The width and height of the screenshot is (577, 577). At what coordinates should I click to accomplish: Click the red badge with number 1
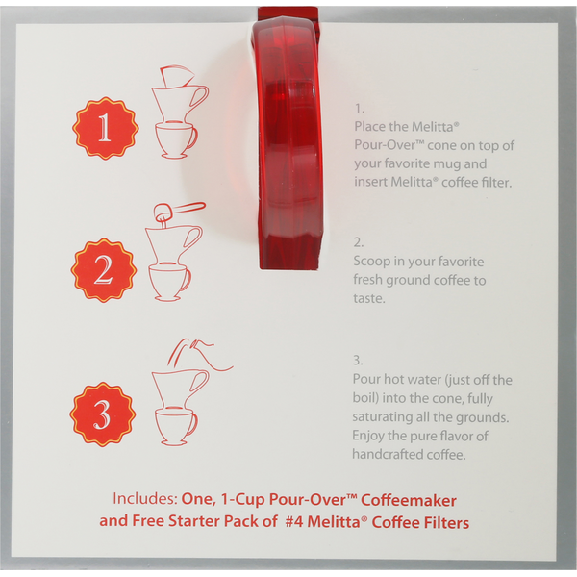[x=105, y=128]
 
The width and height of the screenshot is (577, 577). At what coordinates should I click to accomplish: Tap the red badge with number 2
[x=104, y=270]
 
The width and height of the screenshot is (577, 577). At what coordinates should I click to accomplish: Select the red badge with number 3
[x=102, y=414]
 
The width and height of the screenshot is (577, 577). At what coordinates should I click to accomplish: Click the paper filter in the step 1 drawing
[x=176, y=77]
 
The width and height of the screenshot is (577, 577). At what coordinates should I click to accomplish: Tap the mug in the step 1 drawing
[x=176, y=140]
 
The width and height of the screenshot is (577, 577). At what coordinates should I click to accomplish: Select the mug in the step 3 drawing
[x=176, y=427]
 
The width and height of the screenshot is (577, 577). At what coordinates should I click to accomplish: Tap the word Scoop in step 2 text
[x=371, y=262]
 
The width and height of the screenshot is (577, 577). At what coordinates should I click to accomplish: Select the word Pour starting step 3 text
[x=368, y=379]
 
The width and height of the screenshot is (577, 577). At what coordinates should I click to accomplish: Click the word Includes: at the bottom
[x=145, y=498]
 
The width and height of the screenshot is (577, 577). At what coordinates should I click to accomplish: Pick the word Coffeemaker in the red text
[x=409, y=500]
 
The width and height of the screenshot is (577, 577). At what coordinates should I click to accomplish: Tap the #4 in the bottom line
[x=294, y=522]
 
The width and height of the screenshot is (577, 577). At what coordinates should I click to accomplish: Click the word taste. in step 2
[x=369, y=298]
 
